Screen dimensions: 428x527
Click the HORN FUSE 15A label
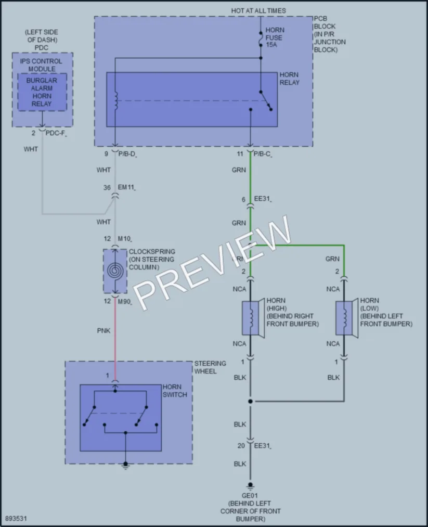(x=274, y=37)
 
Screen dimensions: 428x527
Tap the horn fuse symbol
(x=261, y=39)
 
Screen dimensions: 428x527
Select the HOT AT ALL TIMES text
(x=258, y=11)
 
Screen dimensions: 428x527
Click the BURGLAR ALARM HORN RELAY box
(x=42, y=92)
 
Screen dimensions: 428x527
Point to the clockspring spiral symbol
(x=115, y=271)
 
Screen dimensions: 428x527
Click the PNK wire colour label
(x=103, y=331)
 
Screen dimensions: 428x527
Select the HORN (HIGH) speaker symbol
(x=253, y=318)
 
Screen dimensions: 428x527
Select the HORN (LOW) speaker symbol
(x=347, y=318)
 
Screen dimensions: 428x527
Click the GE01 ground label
(x=250, y=496)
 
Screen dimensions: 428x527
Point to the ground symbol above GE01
(x=250, y=486)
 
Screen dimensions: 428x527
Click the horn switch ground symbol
(x=125, y=466)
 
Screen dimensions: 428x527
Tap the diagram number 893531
(x=16, y=519)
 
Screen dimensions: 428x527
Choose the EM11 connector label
(x=127, y=187)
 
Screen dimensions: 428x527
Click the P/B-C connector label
(x=263, y=155)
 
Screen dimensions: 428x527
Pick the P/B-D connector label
(x=127, y=155)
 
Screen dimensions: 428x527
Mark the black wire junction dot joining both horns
(x=250, y=401)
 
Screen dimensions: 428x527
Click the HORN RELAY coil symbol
(x=116, y=100)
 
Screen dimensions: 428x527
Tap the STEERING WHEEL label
(x=210, y=367)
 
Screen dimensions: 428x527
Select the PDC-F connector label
(x=56, y=133)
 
